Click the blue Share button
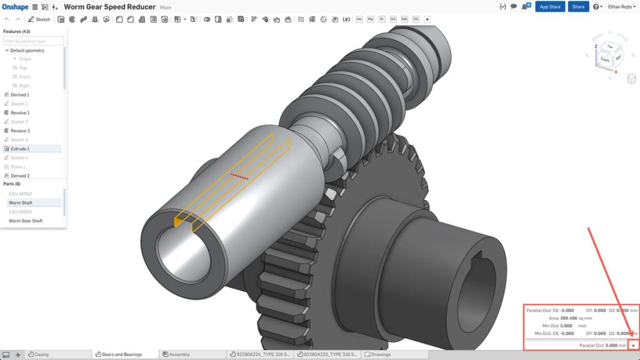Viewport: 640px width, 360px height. [x=578, y=6]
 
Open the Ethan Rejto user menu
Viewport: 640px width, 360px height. [x=622, y=6]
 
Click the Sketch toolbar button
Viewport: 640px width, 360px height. [x=39, y=19]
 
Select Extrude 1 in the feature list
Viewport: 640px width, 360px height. [x=20, y=149]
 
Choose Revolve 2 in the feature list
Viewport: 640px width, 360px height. [x=20, y=131]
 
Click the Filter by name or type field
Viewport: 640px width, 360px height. [x=33, y=41]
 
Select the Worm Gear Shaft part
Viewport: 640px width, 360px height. [x=26, y=221]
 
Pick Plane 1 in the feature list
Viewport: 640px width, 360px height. [x=18, y=167]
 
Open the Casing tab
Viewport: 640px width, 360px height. [x=41, y=354]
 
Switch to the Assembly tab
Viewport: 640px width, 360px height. [x=179, y=354]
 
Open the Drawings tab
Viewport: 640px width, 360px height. [x=381, y=354]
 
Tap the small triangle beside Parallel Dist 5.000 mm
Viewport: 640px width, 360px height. [x=633, y=345]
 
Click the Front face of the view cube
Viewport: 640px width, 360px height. [x=604, y=59]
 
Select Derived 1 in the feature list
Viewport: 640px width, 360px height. [x=19, y=94]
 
